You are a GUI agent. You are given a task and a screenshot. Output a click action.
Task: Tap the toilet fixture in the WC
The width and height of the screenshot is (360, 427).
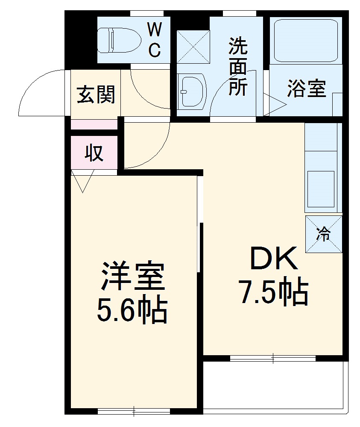119,40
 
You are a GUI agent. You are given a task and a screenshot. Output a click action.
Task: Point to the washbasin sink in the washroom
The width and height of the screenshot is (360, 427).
192,91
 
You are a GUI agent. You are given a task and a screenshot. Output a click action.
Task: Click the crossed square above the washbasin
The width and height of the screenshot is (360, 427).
193,46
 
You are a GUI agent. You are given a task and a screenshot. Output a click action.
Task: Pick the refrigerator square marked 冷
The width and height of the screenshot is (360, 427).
324,234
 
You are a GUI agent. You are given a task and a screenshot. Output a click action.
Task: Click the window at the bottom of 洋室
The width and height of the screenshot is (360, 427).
134,412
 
